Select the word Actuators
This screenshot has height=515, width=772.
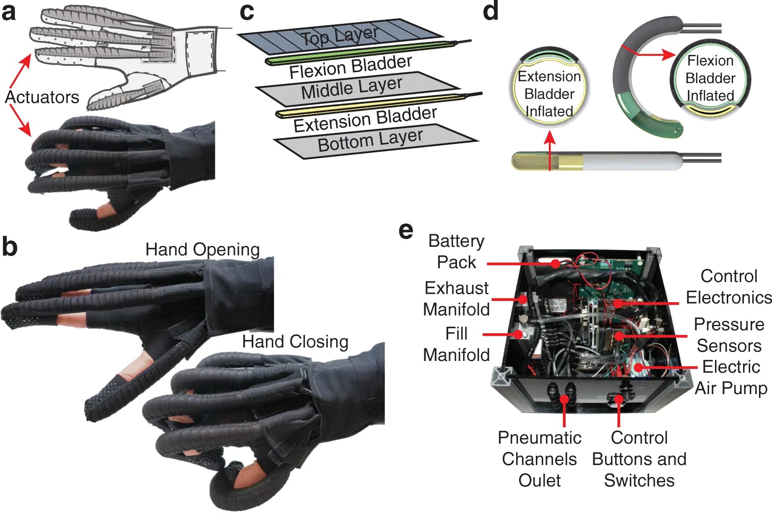click(x=42, y=97)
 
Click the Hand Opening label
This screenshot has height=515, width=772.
click(x=203, y=249)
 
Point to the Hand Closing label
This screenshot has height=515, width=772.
click(x=295, y=342)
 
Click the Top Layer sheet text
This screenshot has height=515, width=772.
click(x=340, y=36)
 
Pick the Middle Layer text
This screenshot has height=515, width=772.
click(x=351, y=88)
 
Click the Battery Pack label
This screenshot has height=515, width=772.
click(x=456, y=251)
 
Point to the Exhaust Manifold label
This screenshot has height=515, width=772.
click(x=456, y=298)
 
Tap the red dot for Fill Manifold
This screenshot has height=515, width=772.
click(x=518, y=335)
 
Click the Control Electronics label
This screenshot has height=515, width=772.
click(x=729, y=287)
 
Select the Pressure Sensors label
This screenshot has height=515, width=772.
click(x=729, y=335)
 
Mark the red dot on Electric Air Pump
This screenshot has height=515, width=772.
click(x=638, y=368)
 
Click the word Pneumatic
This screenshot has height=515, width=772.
click(x=539, y=438)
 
